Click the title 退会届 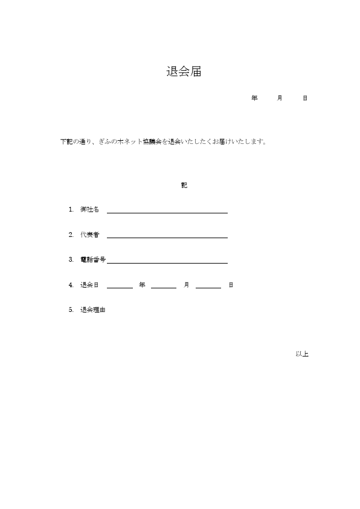click(x=184, y=72)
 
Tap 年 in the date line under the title click(x=254, y=98)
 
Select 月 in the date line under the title click(x=280, y=98)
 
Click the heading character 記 click(x=184, y=185)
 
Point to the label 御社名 click(x=89, y=209)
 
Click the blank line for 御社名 click(x=167, y=212)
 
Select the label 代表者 click(x=89, y=234)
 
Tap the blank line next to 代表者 click(x=167, y=236)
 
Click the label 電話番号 click(x=93, y=259)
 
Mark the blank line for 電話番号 click(x=167, y=262)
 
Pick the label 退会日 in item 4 click(x=89, y=285)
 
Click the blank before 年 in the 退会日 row click(x=120, y=287)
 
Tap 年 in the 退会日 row click(x=142, y=285)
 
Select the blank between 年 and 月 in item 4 click(x=164, y=287)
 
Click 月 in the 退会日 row click(x=187, y=285)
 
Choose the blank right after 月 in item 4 click(x=208, y=287)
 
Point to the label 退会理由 click(x=93, y=310)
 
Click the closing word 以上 click(x=302, y=354)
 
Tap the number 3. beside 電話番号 click(x=71, y=259)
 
